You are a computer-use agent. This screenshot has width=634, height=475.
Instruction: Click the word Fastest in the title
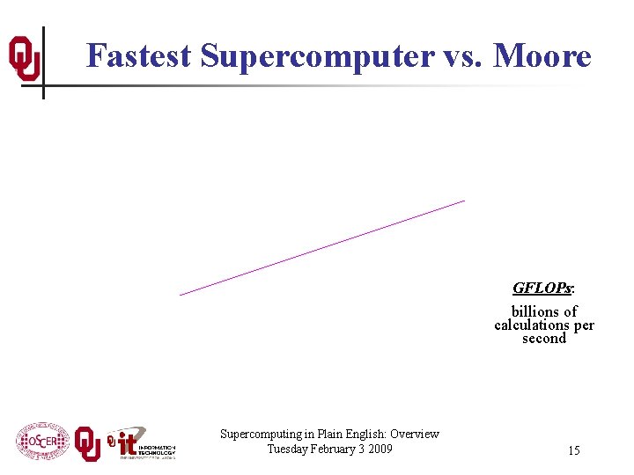[139, 56]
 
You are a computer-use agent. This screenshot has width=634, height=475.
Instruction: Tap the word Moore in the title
[542, 56]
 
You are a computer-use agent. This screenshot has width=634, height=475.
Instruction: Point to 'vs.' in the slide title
[463, 56]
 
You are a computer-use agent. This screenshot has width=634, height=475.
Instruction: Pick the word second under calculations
[544, 339]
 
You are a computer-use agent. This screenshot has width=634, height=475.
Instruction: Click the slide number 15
[573, 451]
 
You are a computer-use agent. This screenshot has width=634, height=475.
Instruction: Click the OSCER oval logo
[41, 442]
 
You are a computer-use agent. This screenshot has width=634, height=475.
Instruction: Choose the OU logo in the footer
[87, 443]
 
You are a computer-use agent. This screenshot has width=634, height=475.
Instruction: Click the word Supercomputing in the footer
[261, 434]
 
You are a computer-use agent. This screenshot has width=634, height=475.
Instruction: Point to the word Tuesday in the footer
[289, 449]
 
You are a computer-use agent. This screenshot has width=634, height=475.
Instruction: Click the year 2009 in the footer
[380, 449]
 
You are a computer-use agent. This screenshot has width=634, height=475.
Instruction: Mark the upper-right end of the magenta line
[464, 201]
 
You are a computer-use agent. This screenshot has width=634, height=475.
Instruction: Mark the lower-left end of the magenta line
[181, 295]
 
